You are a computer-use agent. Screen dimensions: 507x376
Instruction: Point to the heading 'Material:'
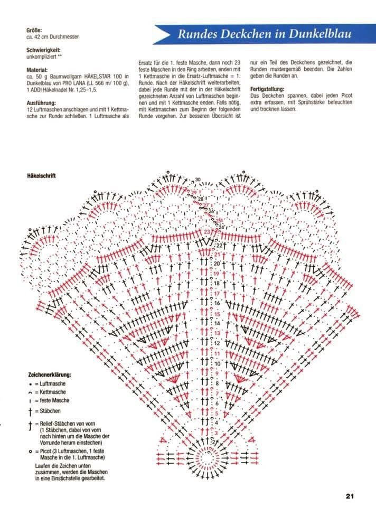tap(37, 70)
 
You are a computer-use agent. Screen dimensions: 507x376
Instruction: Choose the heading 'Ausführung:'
tap(41, 100)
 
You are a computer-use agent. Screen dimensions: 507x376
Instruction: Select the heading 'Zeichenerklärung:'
tap(49, 375)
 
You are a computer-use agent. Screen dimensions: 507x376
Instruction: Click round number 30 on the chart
tap(198, 180)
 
